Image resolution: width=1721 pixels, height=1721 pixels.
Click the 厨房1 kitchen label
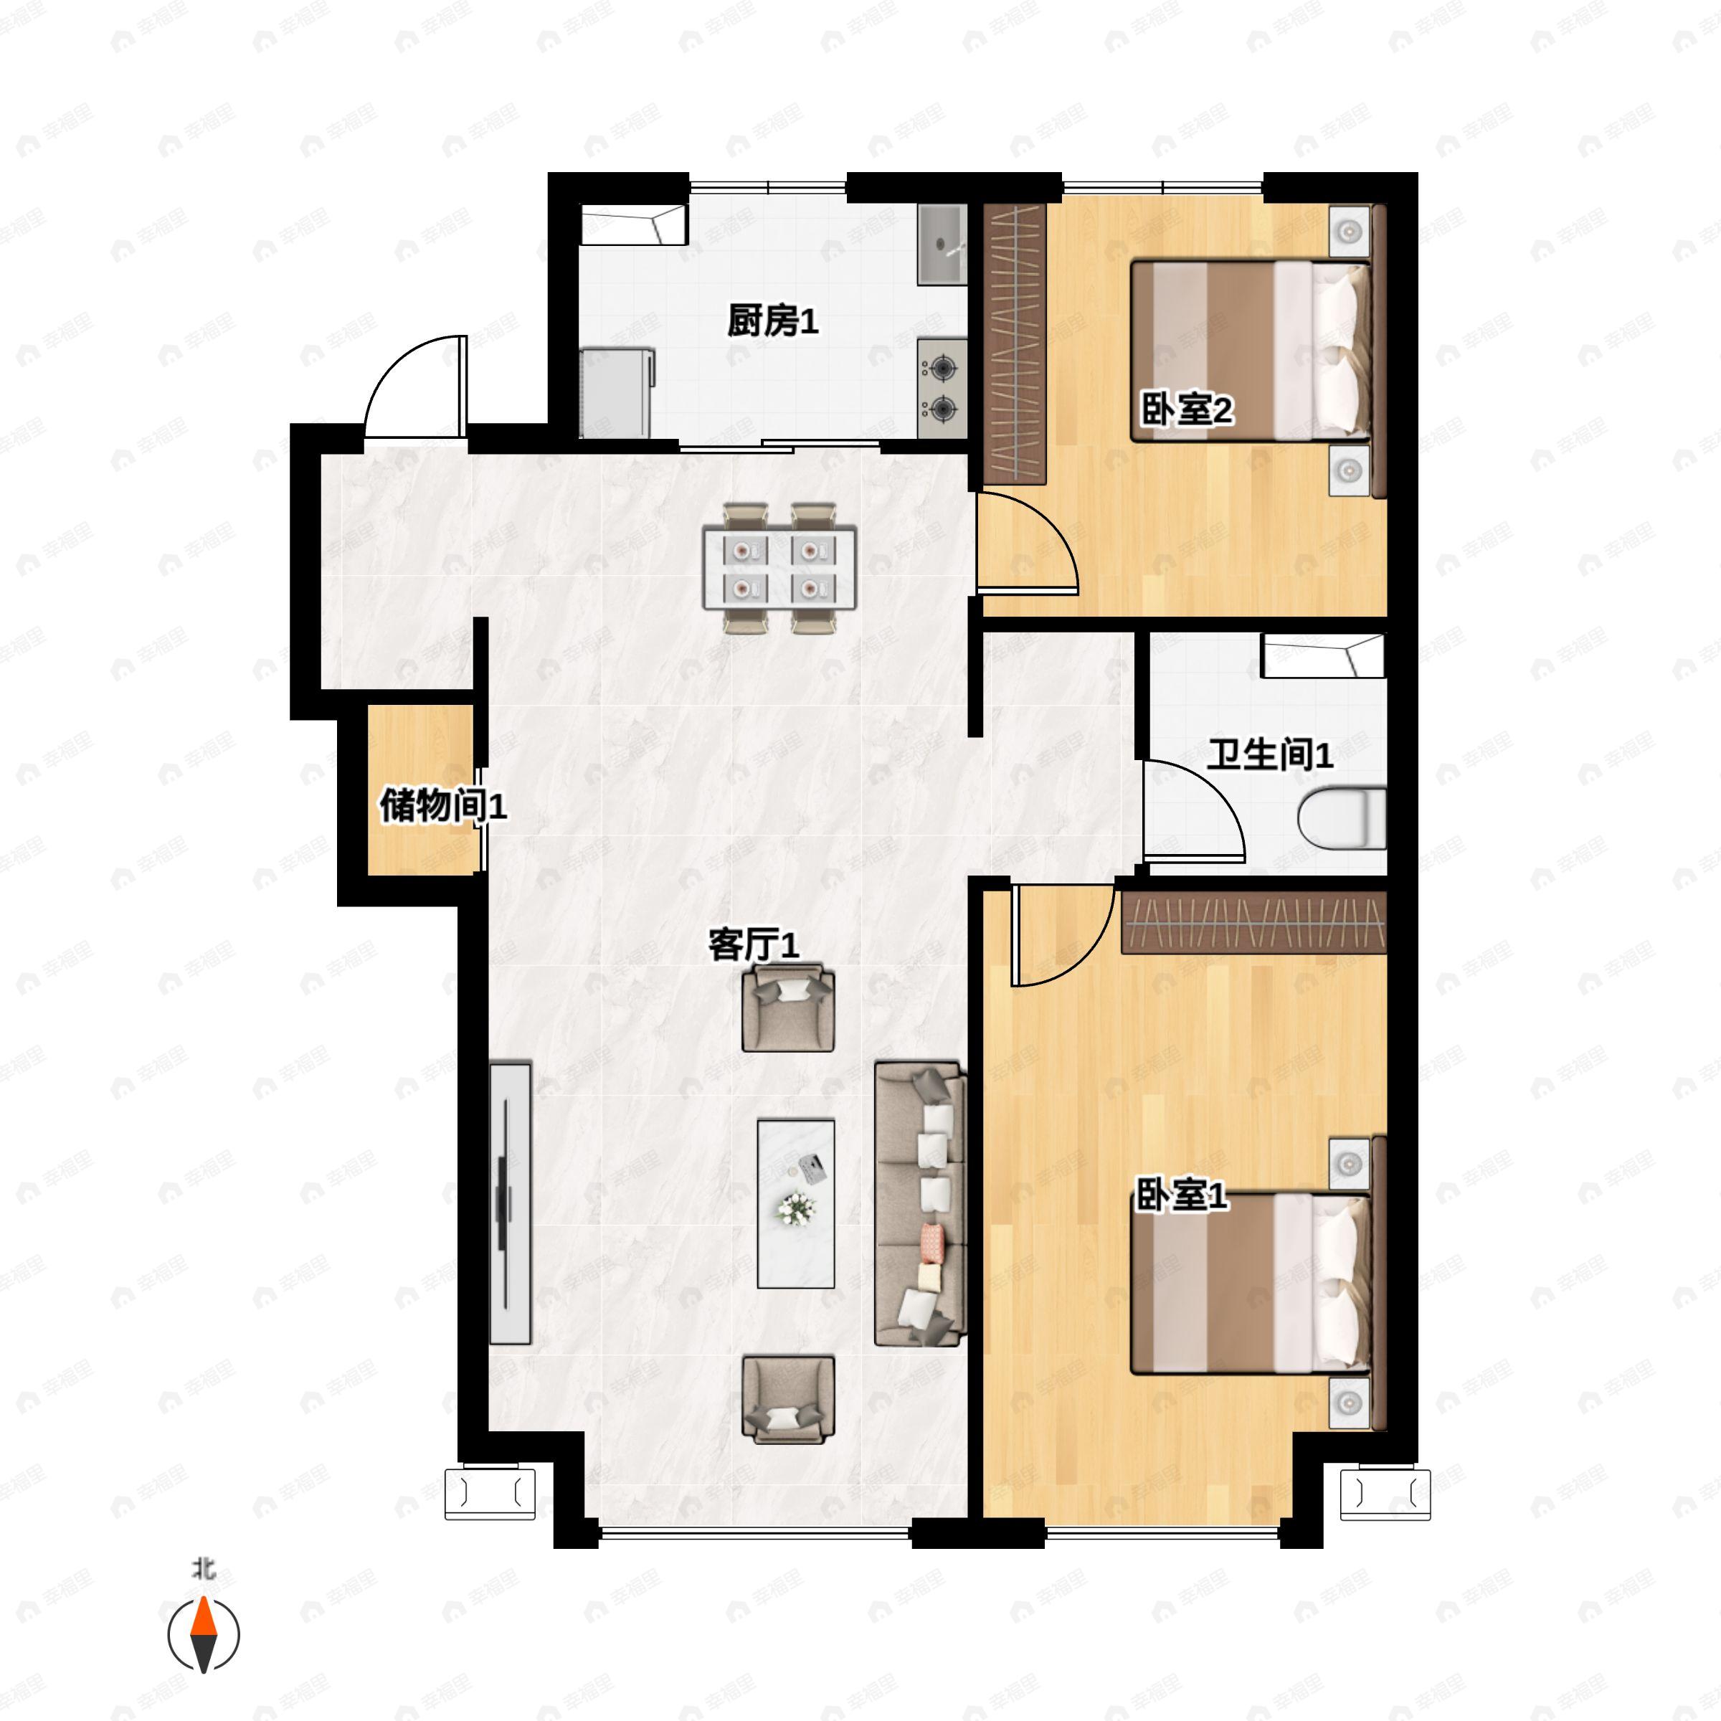click(x=772, y=321)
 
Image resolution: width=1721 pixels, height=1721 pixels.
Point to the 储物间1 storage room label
click(x=442, y=806)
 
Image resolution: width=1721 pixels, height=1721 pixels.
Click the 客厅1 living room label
click(x=753, y=944)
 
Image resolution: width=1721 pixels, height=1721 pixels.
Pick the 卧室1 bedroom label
click(x=1180, y=1195)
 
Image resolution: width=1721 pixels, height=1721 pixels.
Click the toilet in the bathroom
click(x=1342, y=817)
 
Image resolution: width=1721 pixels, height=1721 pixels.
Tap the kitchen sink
click(x=942, y=244)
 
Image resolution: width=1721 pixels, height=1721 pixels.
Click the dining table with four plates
click(x=779, y=569)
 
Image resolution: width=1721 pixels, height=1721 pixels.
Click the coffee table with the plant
click(x=795, y=1203)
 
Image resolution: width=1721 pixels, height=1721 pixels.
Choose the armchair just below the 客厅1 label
click(x=788, y=1010)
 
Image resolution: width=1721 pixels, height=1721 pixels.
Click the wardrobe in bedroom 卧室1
click(x=1253, y=923)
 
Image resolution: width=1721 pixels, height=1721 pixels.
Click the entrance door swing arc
click(x=415, y=386)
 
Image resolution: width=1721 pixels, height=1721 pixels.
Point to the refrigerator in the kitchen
click(x=617, y=393)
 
